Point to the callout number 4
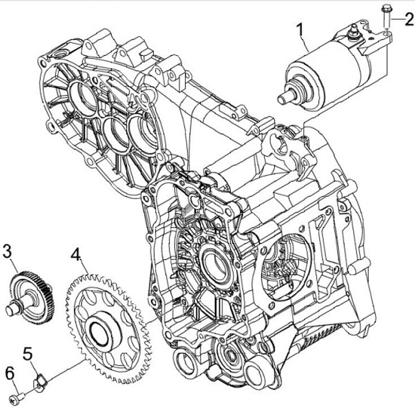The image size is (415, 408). click(x=76, y=254)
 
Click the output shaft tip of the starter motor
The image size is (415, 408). click(x=282, y=99)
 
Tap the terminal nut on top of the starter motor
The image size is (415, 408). click(x=352, y=34)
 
